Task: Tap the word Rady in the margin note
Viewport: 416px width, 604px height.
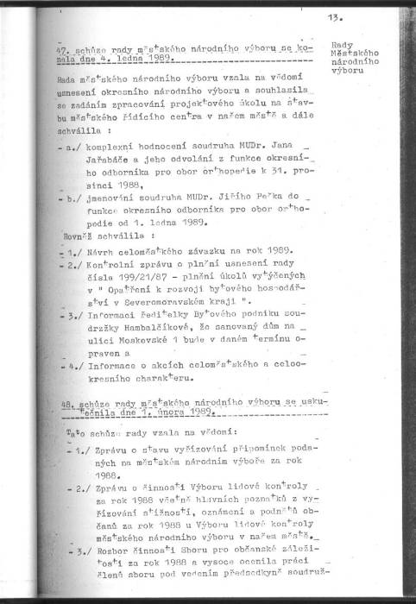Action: (x=342, y=43)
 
